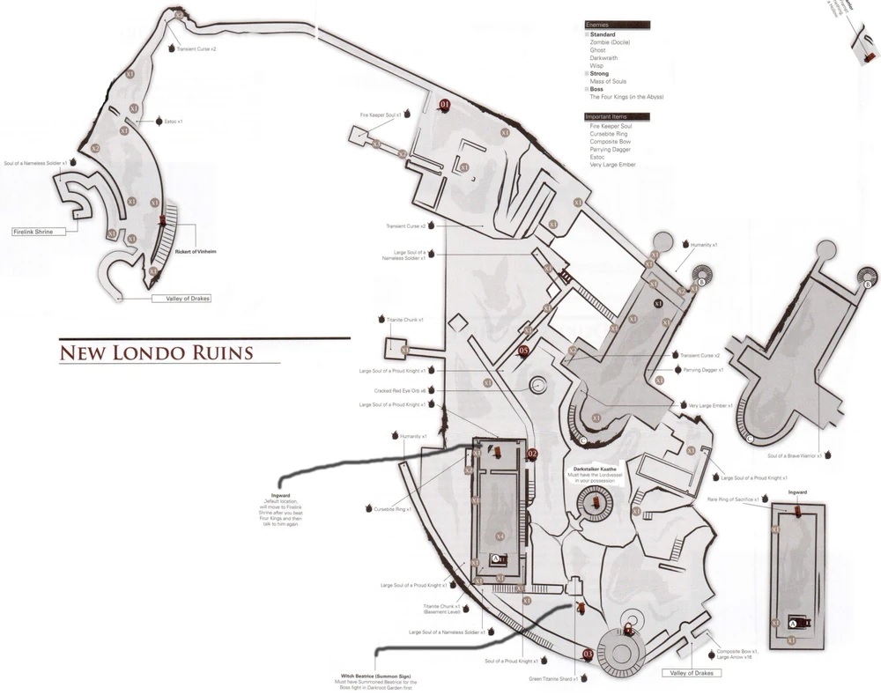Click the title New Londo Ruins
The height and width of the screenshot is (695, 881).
(156, 353)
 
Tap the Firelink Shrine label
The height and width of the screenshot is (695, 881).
(33, 232)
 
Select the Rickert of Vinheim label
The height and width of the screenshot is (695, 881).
(195, 252)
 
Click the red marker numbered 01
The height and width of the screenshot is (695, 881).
(445, 104)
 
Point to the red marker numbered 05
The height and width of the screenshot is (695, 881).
(523, 351)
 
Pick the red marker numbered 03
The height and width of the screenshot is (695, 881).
(589, 654)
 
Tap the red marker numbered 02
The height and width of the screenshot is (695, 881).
(531, 454)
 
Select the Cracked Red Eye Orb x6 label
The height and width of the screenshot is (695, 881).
(401, 390)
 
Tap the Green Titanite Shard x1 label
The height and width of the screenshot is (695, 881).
(552, 678)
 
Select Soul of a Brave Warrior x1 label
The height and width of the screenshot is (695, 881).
(794, 455)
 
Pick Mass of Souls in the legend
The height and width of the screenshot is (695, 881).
(608, 81)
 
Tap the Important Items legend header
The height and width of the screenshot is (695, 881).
(609, 117)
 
